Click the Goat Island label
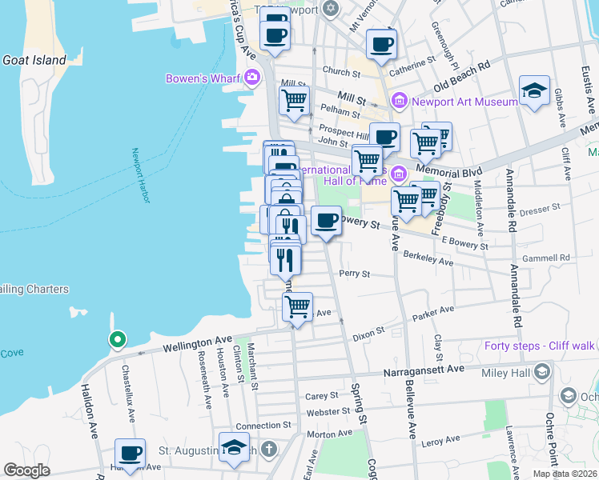pos(34,60)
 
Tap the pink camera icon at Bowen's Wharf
pos(253,78)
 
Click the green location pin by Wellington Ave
pos(117,340)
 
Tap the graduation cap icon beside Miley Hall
pos(542,372)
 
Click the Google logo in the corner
pos(26,470)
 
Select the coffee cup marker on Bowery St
pos(325,220)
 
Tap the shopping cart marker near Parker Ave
pos(297,306)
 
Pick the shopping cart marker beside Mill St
pos(294,101)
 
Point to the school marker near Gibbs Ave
pos(534,90)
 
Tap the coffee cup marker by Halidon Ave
pos(130,453)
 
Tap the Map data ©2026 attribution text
pos(564,474)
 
